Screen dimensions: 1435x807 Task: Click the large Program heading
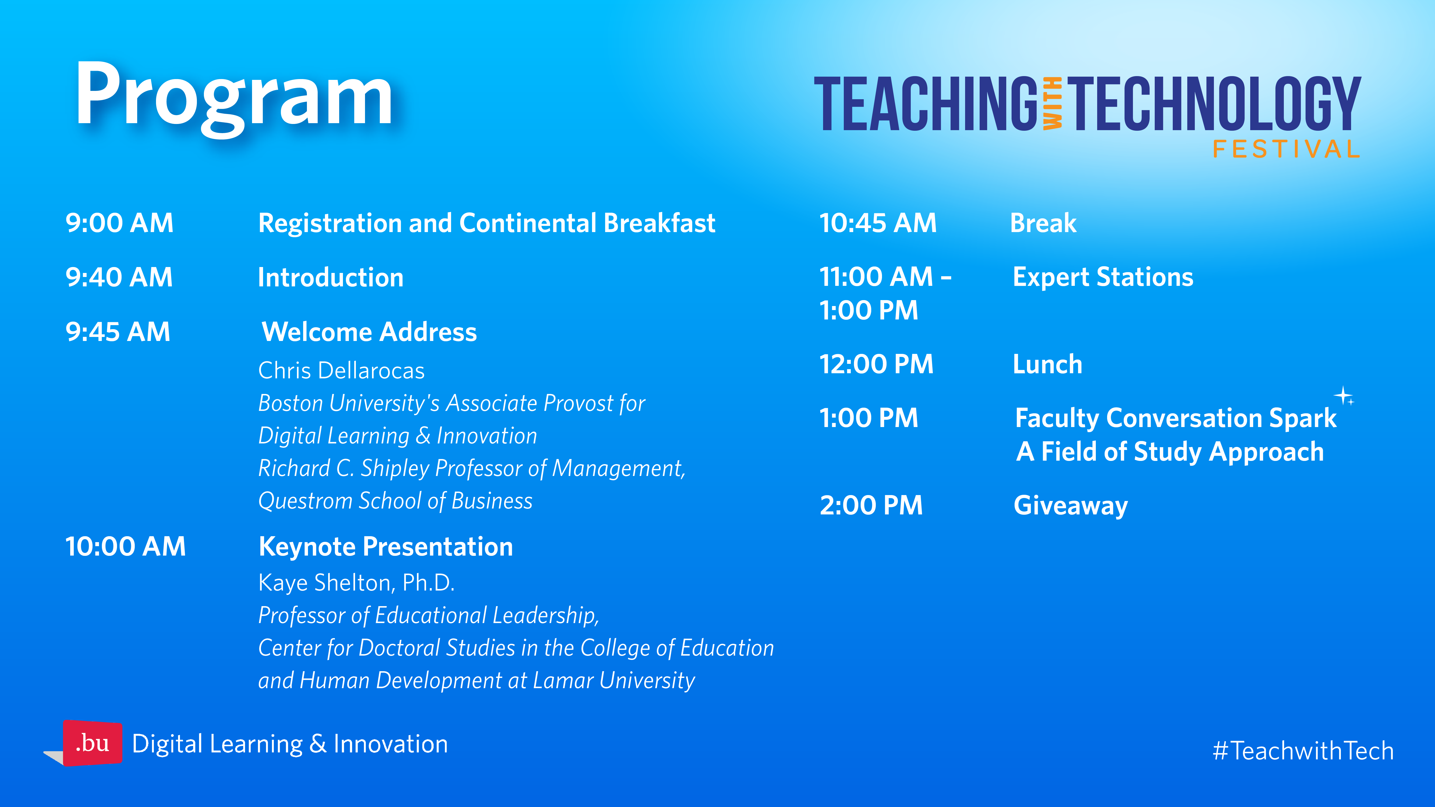234,97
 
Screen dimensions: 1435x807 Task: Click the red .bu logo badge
93,743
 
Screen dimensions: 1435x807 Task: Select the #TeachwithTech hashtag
1303,751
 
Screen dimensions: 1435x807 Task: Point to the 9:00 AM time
119,223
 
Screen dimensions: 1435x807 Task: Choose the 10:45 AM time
878,223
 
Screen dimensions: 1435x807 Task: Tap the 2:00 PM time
871,505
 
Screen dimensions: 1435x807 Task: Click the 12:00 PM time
876,364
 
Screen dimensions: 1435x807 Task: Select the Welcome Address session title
369,332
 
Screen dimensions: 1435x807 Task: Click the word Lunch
1047,364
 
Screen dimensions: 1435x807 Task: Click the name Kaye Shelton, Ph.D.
356,582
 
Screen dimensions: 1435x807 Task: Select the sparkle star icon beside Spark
1344,396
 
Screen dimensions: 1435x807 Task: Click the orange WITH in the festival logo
1052,104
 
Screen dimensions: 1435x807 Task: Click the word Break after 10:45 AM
1043,223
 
